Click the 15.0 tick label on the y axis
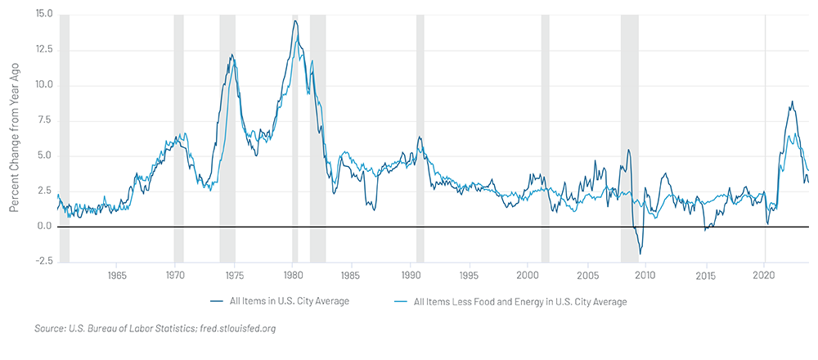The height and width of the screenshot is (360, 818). pyautogui.click(x=42, y=15)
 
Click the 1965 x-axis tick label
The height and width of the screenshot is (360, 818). pyautogui.click(x=116, y=274)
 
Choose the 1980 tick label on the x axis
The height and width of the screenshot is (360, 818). pyautogui.click(x=294, y=274)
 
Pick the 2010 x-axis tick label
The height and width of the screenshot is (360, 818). pyautogui.click(x=646, y=274)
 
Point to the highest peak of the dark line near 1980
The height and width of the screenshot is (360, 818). pyautogui.click(x=295, y=20)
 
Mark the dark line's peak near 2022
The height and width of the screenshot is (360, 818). pyautogui.click(x=792, y=102)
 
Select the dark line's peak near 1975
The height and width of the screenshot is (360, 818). pyautogui.click(x=231, y=56)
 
